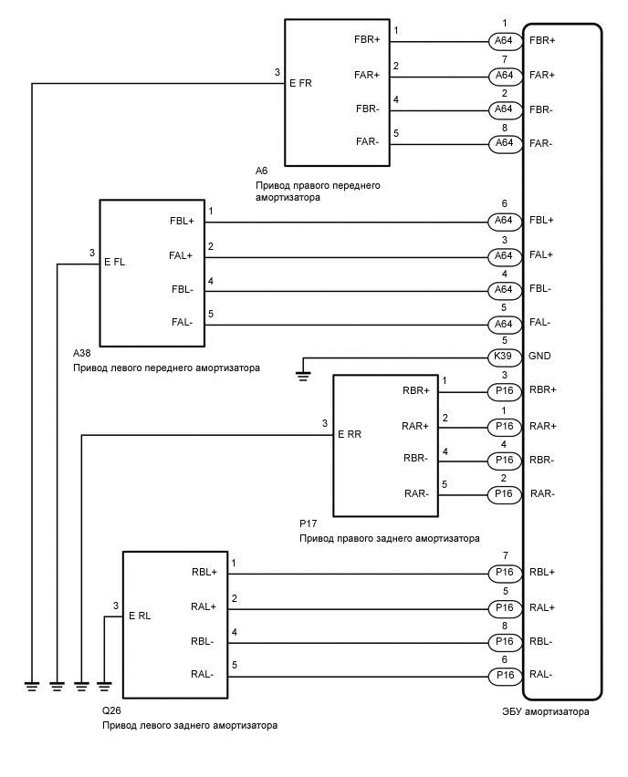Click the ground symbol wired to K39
pyautogui.click(x=303, y=372)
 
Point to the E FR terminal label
pyautogui.click(x=300, y=83)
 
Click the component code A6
pyautogui.click(x=262, y=171)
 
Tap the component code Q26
pyautogui.click(x=111, y=710)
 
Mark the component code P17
pyautogui.click(x=308, y=524)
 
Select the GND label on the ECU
pyautogui.click(x=539, y=357)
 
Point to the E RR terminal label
pyautogui.click(x=350, y=435)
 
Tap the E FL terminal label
pyautogui.click(x=115, y=262)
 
